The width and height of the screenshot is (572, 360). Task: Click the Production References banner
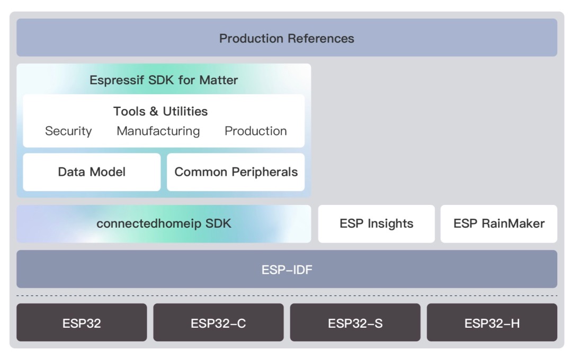click(x=287, y=38)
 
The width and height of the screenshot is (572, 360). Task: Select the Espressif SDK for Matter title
click(x=164, y=80)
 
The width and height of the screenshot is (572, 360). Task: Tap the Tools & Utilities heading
click(x=160, y=111)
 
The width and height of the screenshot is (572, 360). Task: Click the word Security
click(x=68, y=131)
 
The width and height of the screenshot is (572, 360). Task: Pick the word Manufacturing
click(x=158, y=131)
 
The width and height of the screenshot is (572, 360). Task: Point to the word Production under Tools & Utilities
click(x=256, y=131)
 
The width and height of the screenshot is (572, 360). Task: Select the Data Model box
click(x=92, y=172)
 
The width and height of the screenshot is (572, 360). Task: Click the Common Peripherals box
click(x=236, y=172)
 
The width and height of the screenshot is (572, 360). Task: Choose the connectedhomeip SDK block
click(x=164, y=223)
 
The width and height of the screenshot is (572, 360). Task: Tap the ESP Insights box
click(x=377, y=223)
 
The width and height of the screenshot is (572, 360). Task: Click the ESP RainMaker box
click(x=499, y=223)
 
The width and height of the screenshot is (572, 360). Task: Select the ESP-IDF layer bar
click(x=287, y=269)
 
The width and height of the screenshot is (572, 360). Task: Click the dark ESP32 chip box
click(x=82, y=322)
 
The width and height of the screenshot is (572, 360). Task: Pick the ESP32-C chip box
click(x=219, y=322)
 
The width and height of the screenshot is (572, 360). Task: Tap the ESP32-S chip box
click(x=355, y=322)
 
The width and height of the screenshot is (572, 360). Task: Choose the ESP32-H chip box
click(x=492, y=322)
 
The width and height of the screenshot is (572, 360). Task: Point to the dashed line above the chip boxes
click(x=287, y=295)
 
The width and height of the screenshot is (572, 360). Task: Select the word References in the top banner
click(x=320, y=38)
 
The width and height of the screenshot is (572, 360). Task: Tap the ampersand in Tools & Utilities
click(x=154, y=111)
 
